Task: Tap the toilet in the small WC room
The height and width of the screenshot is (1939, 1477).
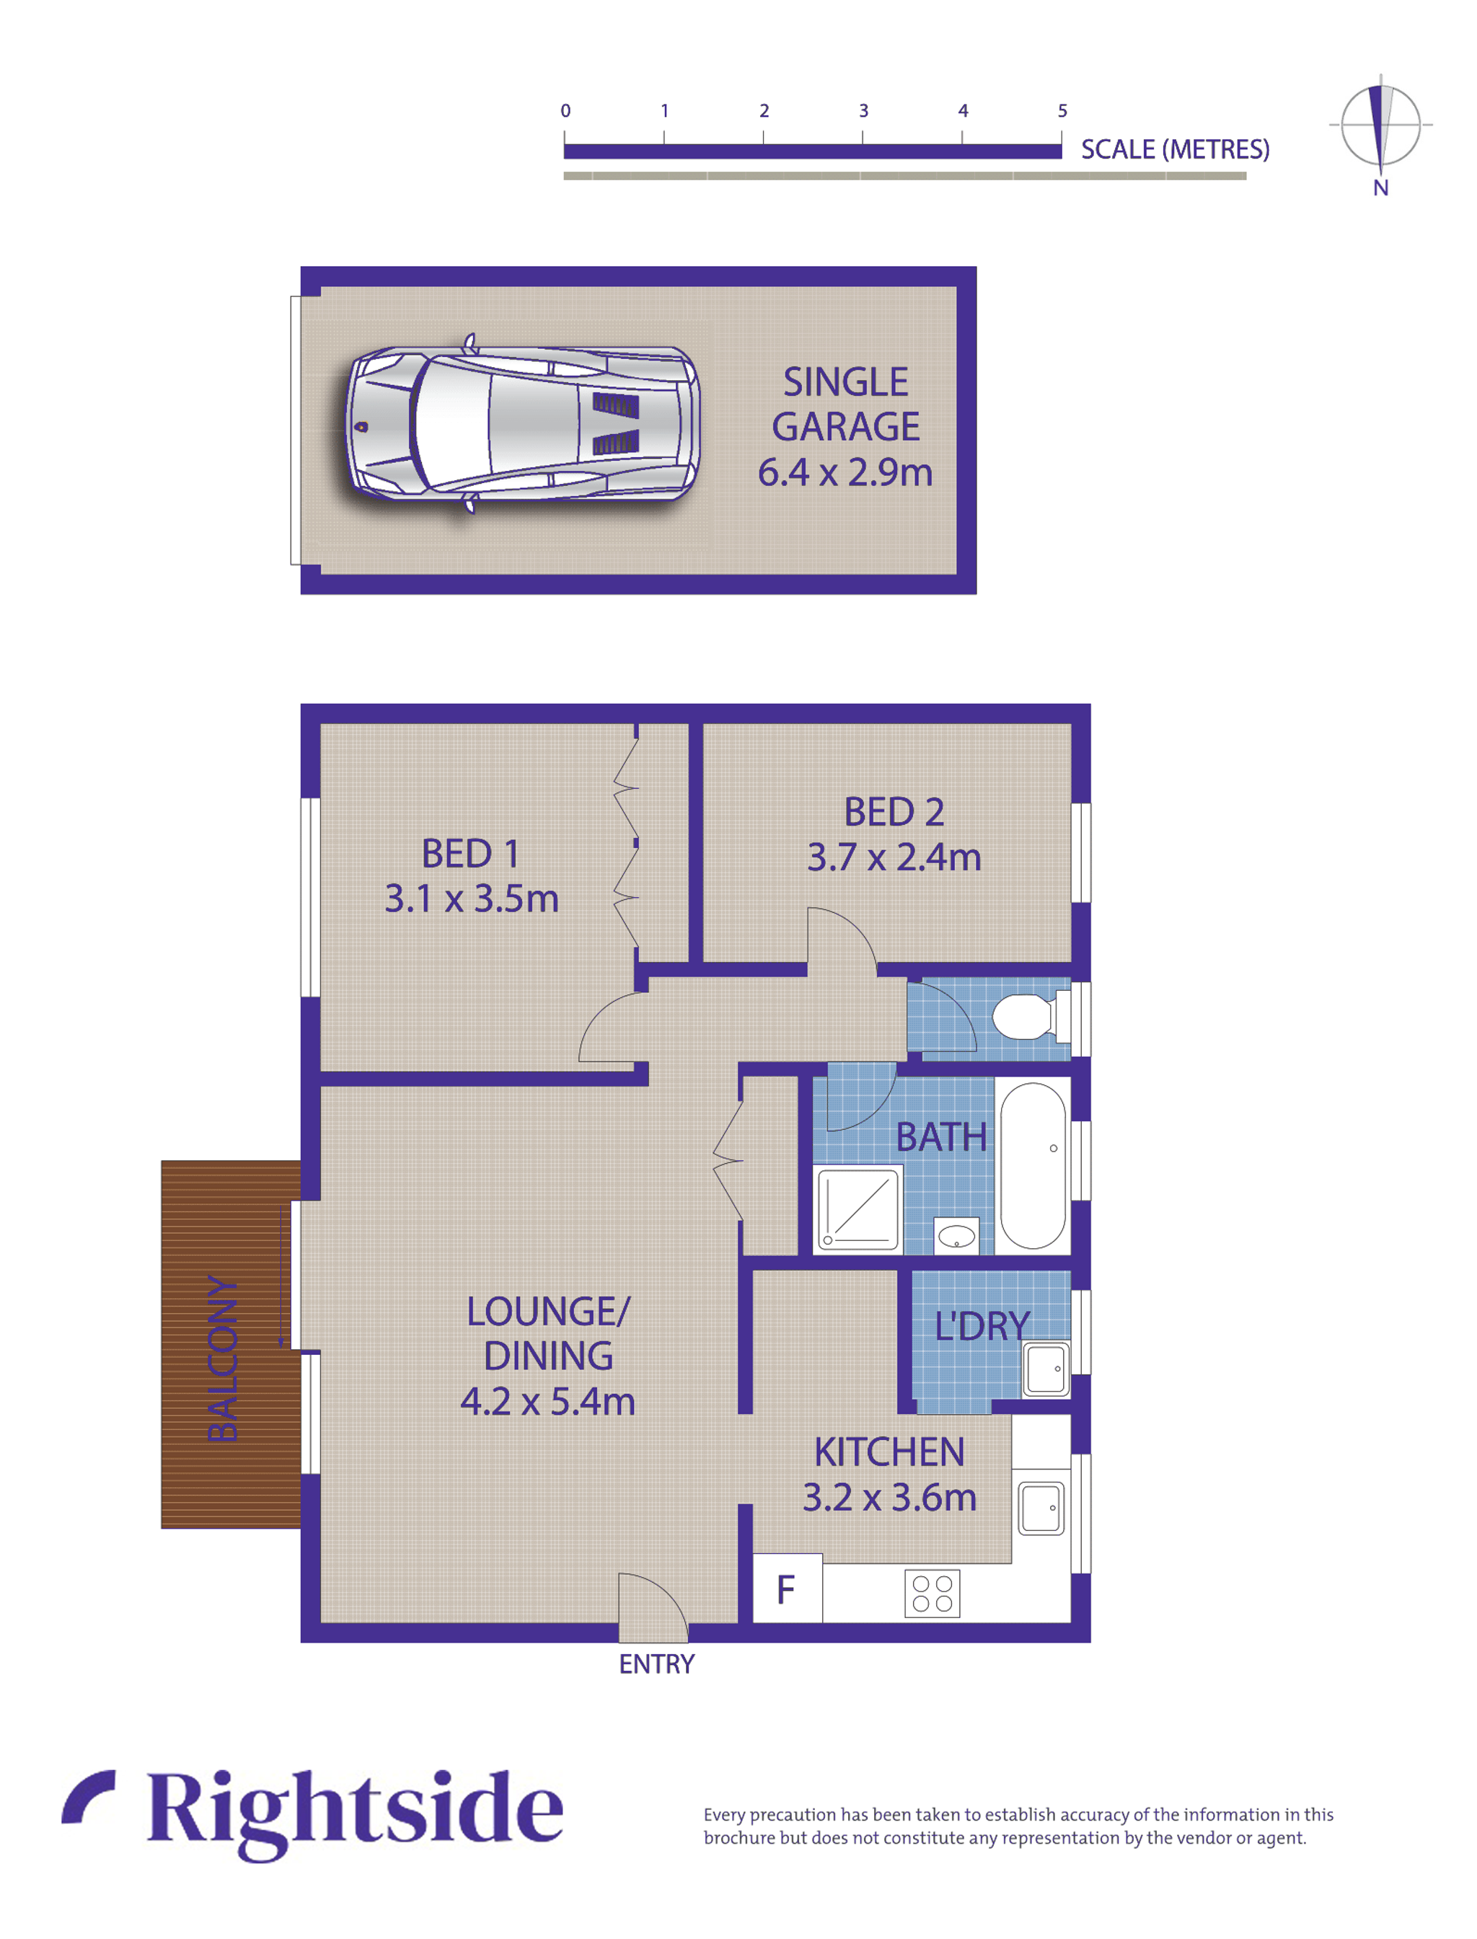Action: pos(1025,1017)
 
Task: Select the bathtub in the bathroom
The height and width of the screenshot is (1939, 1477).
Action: pos(1032,1165)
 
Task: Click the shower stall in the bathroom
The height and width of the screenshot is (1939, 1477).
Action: pos(859,1208)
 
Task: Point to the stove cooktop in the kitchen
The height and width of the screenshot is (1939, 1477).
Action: pos(932,1593)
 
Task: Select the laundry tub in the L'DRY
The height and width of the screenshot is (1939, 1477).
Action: pos(1045,1369)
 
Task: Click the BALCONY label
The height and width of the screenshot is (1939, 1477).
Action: pos(222,1359)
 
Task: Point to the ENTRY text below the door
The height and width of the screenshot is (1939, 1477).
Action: pos(656,1664)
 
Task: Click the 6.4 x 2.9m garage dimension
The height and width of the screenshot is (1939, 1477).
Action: pos(845,473)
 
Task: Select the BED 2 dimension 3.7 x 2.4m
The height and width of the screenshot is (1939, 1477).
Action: pos(894,857)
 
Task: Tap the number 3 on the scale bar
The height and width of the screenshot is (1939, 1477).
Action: pos(863,111)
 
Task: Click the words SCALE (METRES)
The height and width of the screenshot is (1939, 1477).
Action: pos(1175,149)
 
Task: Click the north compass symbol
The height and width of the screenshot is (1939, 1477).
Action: pos(1380,128)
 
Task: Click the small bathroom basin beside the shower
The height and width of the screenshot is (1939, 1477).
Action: pos(956,1237)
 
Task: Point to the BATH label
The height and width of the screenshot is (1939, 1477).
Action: pos(940,1137)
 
